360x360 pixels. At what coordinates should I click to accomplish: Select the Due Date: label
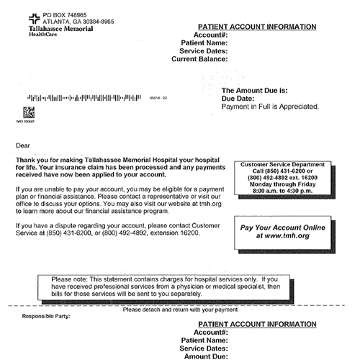(x=240, y=98)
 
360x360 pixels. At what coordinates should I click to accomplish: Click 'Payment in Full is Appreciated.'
(x=270, y=106)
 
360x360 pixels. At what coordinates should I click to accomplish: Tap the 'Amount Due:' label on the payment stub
(x=206, y=355)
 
